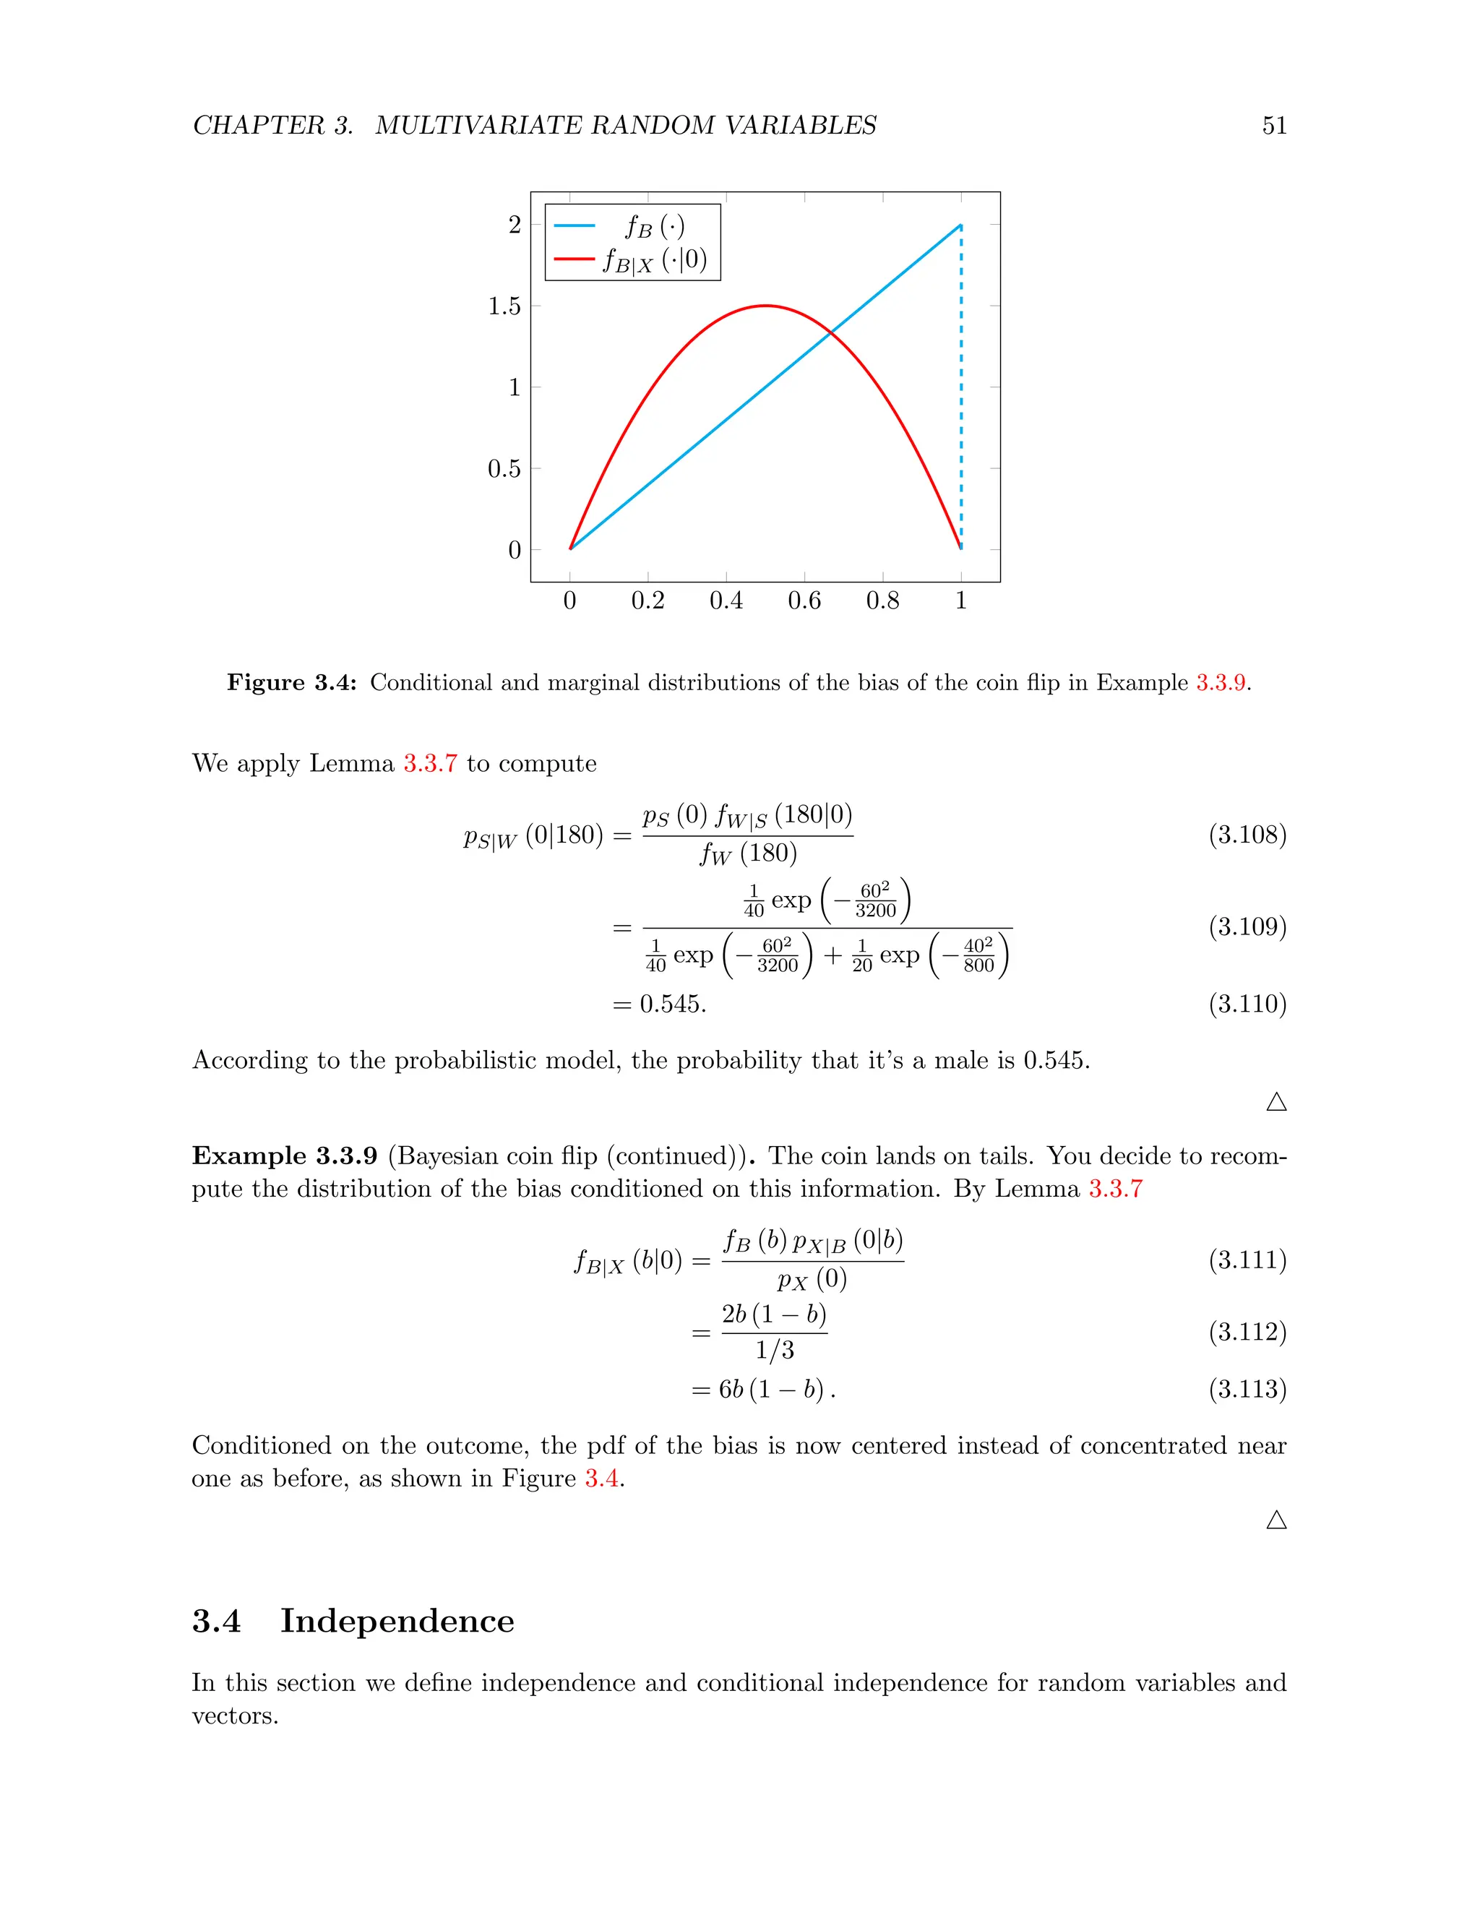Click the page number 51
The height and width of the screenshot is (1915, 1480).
pos(1274,126)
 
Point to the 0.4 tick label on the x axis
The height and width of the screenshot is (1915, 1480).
pos(726,601)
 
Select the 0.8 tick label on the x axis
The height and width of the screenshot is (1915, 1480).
pos(882,601)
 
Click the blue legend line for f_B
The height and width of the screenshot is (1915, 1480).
pos(575,226)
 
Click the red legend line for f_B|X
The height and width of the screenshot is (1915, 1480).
pos(575,259)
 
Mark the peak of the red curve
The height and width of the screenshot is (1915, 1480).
pos(765,306)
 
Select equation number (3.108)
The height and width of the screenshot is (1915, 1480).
pos(1247,834)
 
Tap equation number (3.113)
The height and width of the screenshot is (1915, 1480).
pos(1247,1389)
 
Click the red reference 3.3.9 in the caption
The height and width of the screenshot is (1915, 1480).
pos(1221,682)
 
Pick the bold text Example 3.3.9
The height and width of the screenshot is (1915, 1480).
pos(285,1156)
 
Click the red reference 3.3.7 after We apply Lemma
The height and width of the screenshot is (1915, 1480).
pos(430,763)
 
